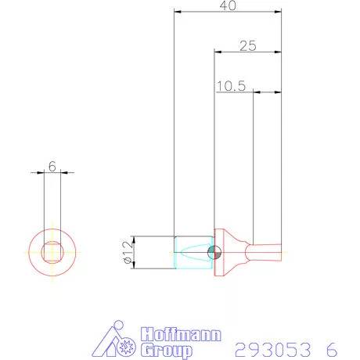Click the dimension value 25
point(247,46)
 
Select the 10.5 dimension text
point(231,87)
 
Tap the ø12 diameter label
point(126,252)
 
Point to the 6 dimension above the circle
point(52,166)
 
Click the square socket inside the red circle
point(52,252)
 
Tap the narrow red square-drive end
point(266,251)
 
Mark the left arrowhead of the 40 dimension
point(178,13)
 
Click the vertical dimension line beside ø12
point(136,252)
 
